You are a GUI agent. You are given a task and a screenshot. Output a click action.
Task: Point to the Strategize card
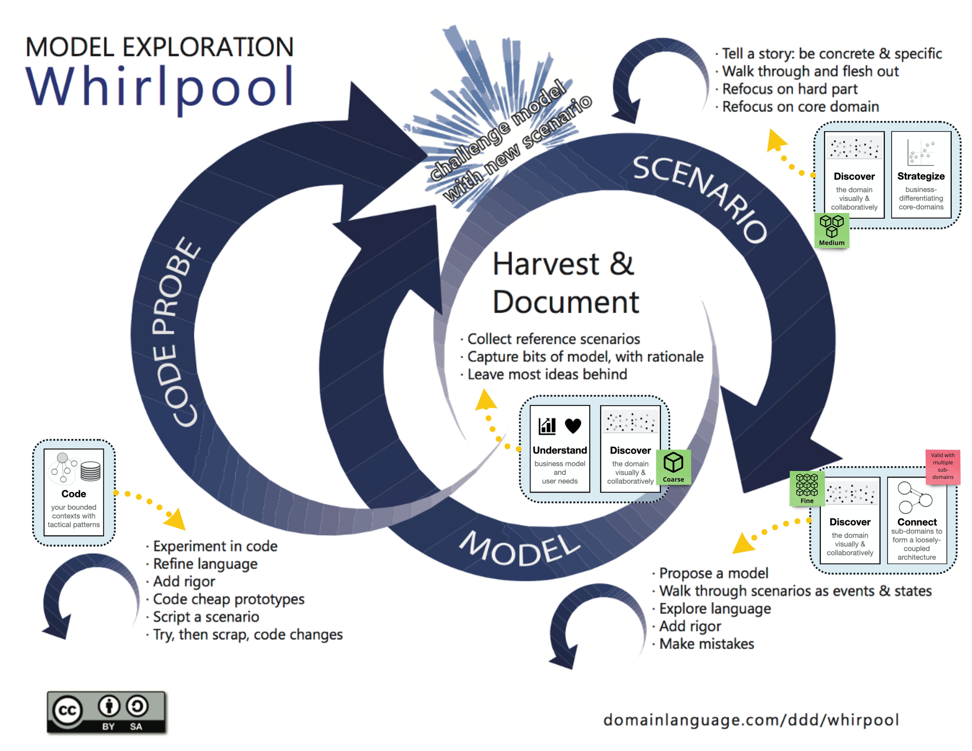[921, 175]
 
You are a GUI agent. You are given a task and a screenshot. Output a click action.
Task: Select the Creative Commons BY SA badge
[106, 712]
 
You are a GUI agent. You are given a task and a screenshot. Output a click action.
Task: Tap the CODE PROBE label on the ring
[176, 331]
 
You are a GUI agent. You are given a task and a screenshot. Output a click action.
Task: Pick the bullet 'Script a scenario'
[206, 617]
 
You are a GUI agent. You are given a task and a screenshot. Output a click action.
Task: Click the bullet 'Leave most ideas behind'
[547, 374]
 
